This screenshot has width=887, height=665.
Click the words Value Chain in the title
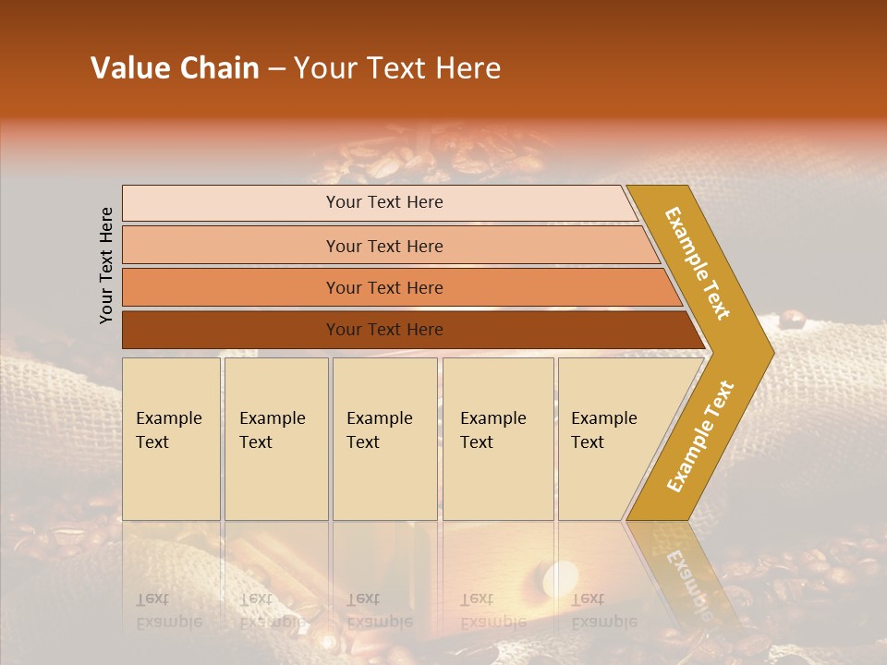(175, 68)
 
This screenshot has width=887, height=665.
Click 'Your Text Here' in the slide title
(397, 68)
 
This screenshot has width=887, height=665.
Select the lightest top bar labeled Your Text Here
(383, 202)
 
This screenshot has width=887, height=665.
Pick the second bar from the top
(383, 246)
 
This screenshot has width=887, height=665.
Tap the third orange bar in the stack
(383, 287)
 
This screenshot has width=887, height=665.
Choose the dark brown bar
(383, 330)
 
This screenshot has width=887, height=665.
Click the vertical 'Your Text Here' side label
(106, 265)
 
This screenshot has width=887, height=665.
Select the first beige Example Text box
(171, 438)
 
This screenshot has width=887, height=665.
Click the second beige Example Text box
(275, 438)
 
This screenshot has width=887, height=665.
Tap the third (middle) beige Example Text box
(384, 438)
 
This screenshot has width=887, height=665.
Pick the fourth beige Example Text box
(498, 438)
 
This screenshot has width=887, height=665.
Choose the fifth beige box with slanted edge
(610, 438)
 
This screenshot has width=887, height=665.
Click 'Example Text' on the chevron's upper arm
(698, 263)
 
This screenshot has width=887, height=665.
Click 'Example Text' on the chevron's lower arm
(700, 436)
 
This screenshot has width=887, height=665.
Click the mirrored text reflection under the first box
(168, 611)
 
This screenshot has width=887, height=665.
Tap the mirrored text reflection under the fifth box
(603, 611)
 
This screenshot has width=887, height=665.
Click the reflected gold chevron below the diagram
(688, 573)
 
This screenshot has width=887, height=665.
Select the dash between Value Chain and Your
(276, 69)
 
